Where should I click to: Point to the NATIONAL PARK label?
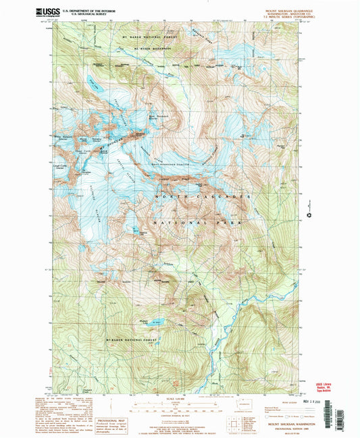(196, 222)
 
